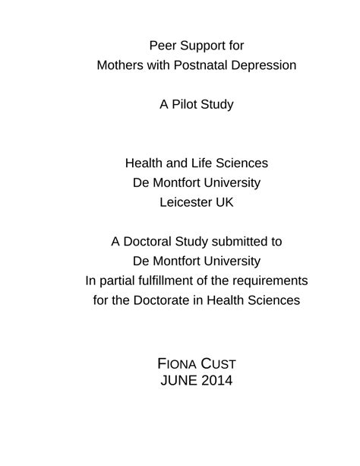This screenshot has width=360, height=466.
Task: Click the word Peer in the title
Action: tap(163, 46)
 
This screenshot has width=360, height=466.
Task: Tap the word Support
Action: tap(201, 46)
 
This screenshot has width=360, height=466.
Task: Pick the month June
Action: tap(176, 380)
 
